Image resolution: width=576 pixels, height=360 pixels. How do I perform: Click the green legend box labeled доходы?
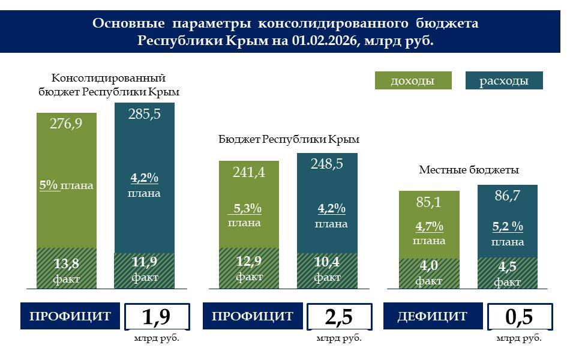[412, 81]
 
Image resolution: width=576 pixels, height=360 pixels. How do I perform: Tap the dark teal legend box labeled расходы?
[504, 81]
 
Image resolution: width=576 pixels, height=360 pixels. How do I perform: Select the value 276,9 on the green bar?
[66, 125]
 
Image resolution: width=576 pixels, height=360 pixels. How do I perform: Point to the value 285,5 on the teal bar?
[145, 114]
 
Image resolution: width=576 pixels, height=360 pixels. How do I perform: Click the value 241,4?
[248, 173]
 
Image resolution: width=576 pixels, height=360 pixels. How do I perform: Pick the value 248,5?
[327, 164]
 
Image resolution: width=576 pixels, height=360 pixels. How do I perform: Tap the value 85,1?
[428, 202]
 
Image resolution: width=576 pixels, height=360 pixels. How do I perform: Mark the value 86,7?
[508, 196]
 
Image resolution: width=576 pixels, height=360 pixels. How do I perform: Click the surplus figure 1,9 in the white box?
[157, 317]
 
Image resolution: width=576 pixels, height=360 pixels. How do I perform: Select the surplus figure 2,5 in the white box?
[339, 317]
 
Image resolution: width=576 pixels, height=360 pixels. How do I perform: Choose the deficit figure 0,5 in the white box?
[519, 317]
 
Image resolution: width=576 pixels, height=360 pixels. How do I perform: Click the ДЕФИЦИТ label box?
[432, 316]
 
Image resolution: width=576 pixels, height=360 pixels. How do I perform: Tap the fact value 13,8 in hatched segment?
[66, 263]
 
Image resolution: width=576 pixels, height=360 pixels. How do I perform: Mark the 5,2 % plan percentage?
[508, 227]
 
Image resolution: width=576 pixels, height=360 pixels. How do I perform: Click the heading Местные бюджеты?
[469, 170]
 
